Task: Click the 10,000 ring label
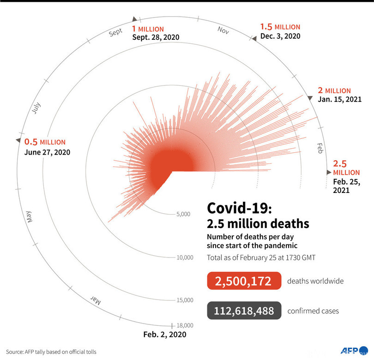pos(185,257)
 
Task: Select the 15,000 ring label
pos(185,300)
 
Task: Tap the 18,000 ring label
pos(185,325)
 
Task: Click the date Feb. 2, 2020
pos(165,335)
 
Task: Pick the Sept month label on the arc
pos(115,32)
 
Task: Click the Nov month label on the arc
pos(223,30)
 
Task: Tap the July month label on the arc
pos(38,108)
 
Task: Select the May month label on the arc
pos(30,216)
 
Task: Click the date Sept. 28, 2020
pos(156,37)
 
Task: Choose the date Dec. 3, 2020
pos(280,36)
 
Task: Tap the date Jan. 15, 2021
pos(339,99)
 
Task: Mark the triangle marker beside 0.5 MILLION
pos(18,140)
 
